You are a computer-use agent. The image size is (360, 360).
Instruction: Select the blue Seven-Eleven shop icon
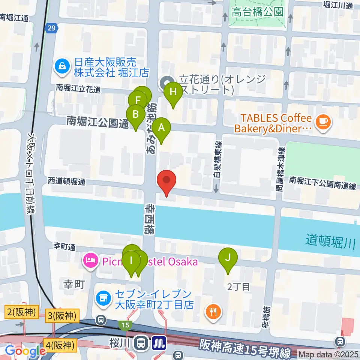[x=103, y=298]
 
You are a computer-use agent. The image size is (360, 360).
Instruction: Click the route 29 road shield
[x=52, y=27]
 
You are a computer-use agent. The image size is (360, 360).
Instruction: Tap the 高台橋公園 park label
[x=257, y=12]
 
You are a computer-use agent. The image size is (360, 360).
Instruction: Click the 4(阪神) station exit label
[x=60, y=343]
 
